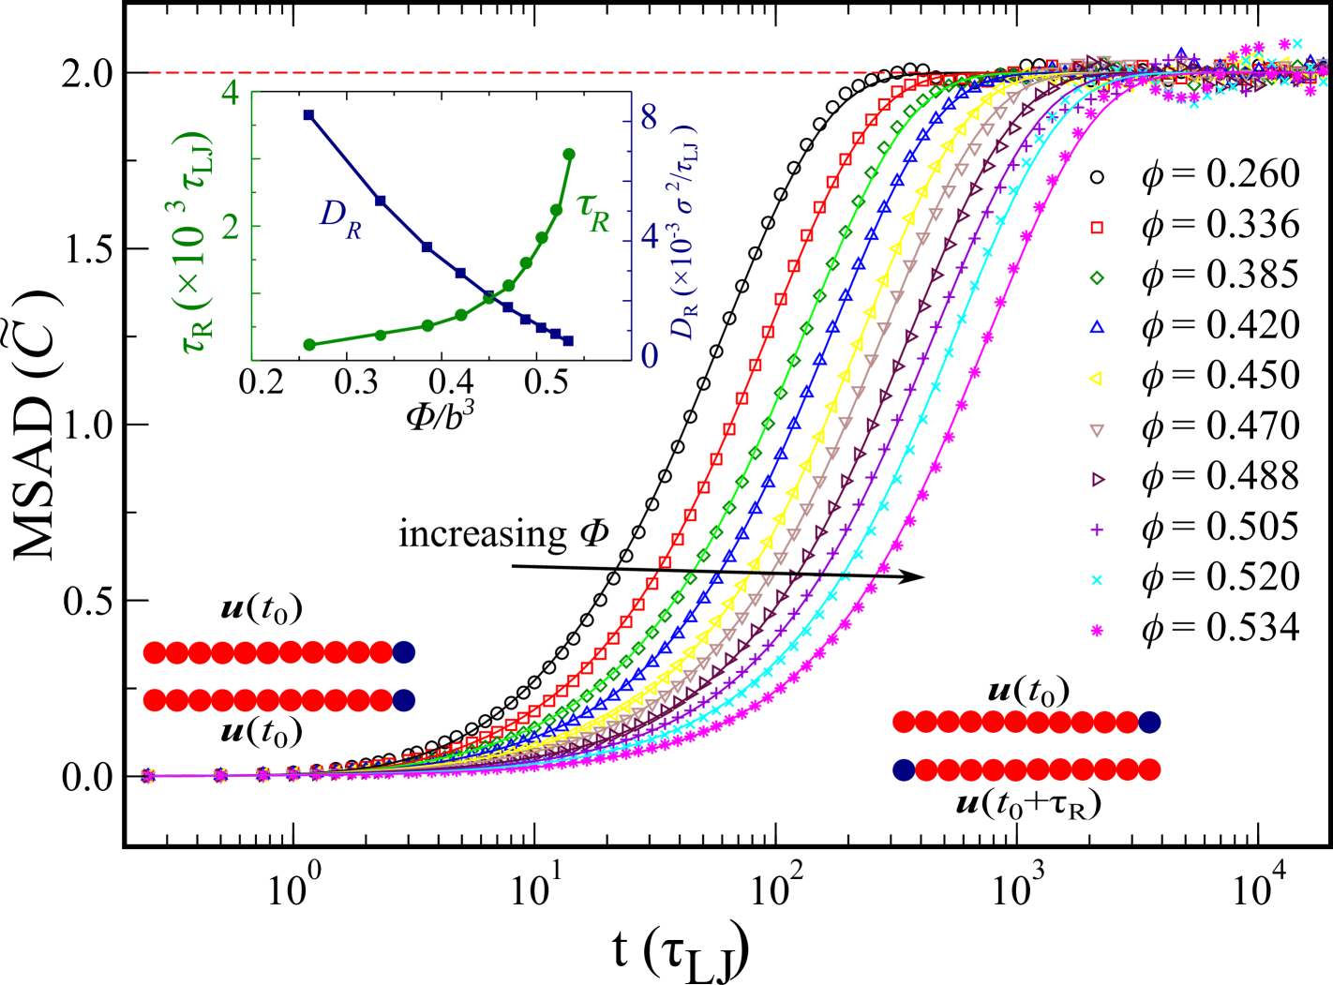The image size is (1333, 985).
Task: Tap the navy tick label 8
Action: point(647,118)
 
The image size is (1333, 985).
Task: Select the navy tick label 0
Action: point(647,356)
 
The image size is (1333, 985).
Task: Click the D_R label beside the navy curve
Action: point(340,216)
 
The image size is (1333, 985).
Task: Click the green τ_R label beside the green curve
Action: point(593,215)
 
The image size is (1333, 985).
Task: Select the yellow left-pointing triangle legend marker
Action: point(1095,379)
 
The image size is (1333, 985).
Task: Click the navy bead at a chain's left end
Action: point(904,770)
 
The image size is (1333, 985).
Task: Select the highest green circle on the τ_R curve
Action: point(569,154)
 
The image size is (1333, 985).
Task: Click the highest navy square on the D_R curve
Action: point(308,115)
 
